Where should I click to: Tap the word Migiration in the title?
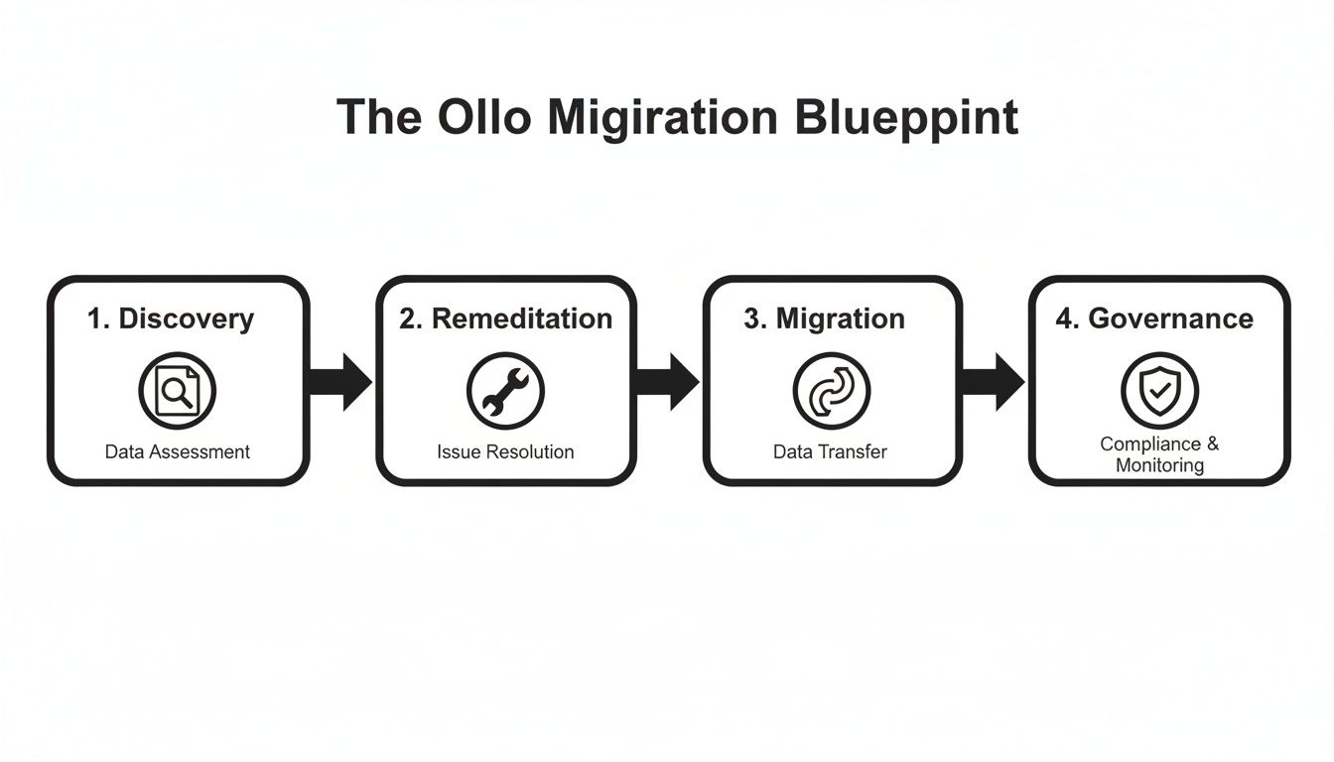(x=662, y=117)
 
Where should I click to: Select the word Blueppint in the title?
(x=906, y=117)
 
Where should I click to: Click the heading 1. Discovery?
(x=171, y=318)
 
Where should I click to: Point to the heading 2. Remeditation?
(x=505, y=318)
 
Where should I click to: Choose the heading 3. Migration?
(x=824, y=318)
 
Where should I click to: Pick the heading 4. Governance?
(x=1154, y=318)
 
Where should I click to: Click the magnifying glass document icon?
(x=177, y=391)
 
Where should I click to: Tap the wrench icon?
(x=505, y=391)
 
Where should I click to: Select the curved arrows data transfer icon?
(x=831, y=391)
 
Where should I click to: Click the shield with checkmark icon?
(x=1158, y=391)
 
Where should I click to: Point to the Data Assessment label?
(x=178, y=452)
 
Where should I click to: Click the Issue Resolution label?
(x=505, y=452)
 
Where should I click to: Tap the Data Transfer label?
(x=830, y=452)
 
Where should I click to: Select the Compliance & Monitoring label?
(x=1158, y=454)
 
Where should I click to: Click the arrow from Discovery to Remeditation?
(x=341, y=381)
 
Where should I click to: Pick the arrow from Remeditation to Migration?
(x=668, y=381)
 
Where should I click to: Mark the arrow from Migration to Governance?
(x=994, y=381)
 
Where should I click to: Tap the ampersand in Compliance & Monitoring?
(x=1212, y=444)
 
